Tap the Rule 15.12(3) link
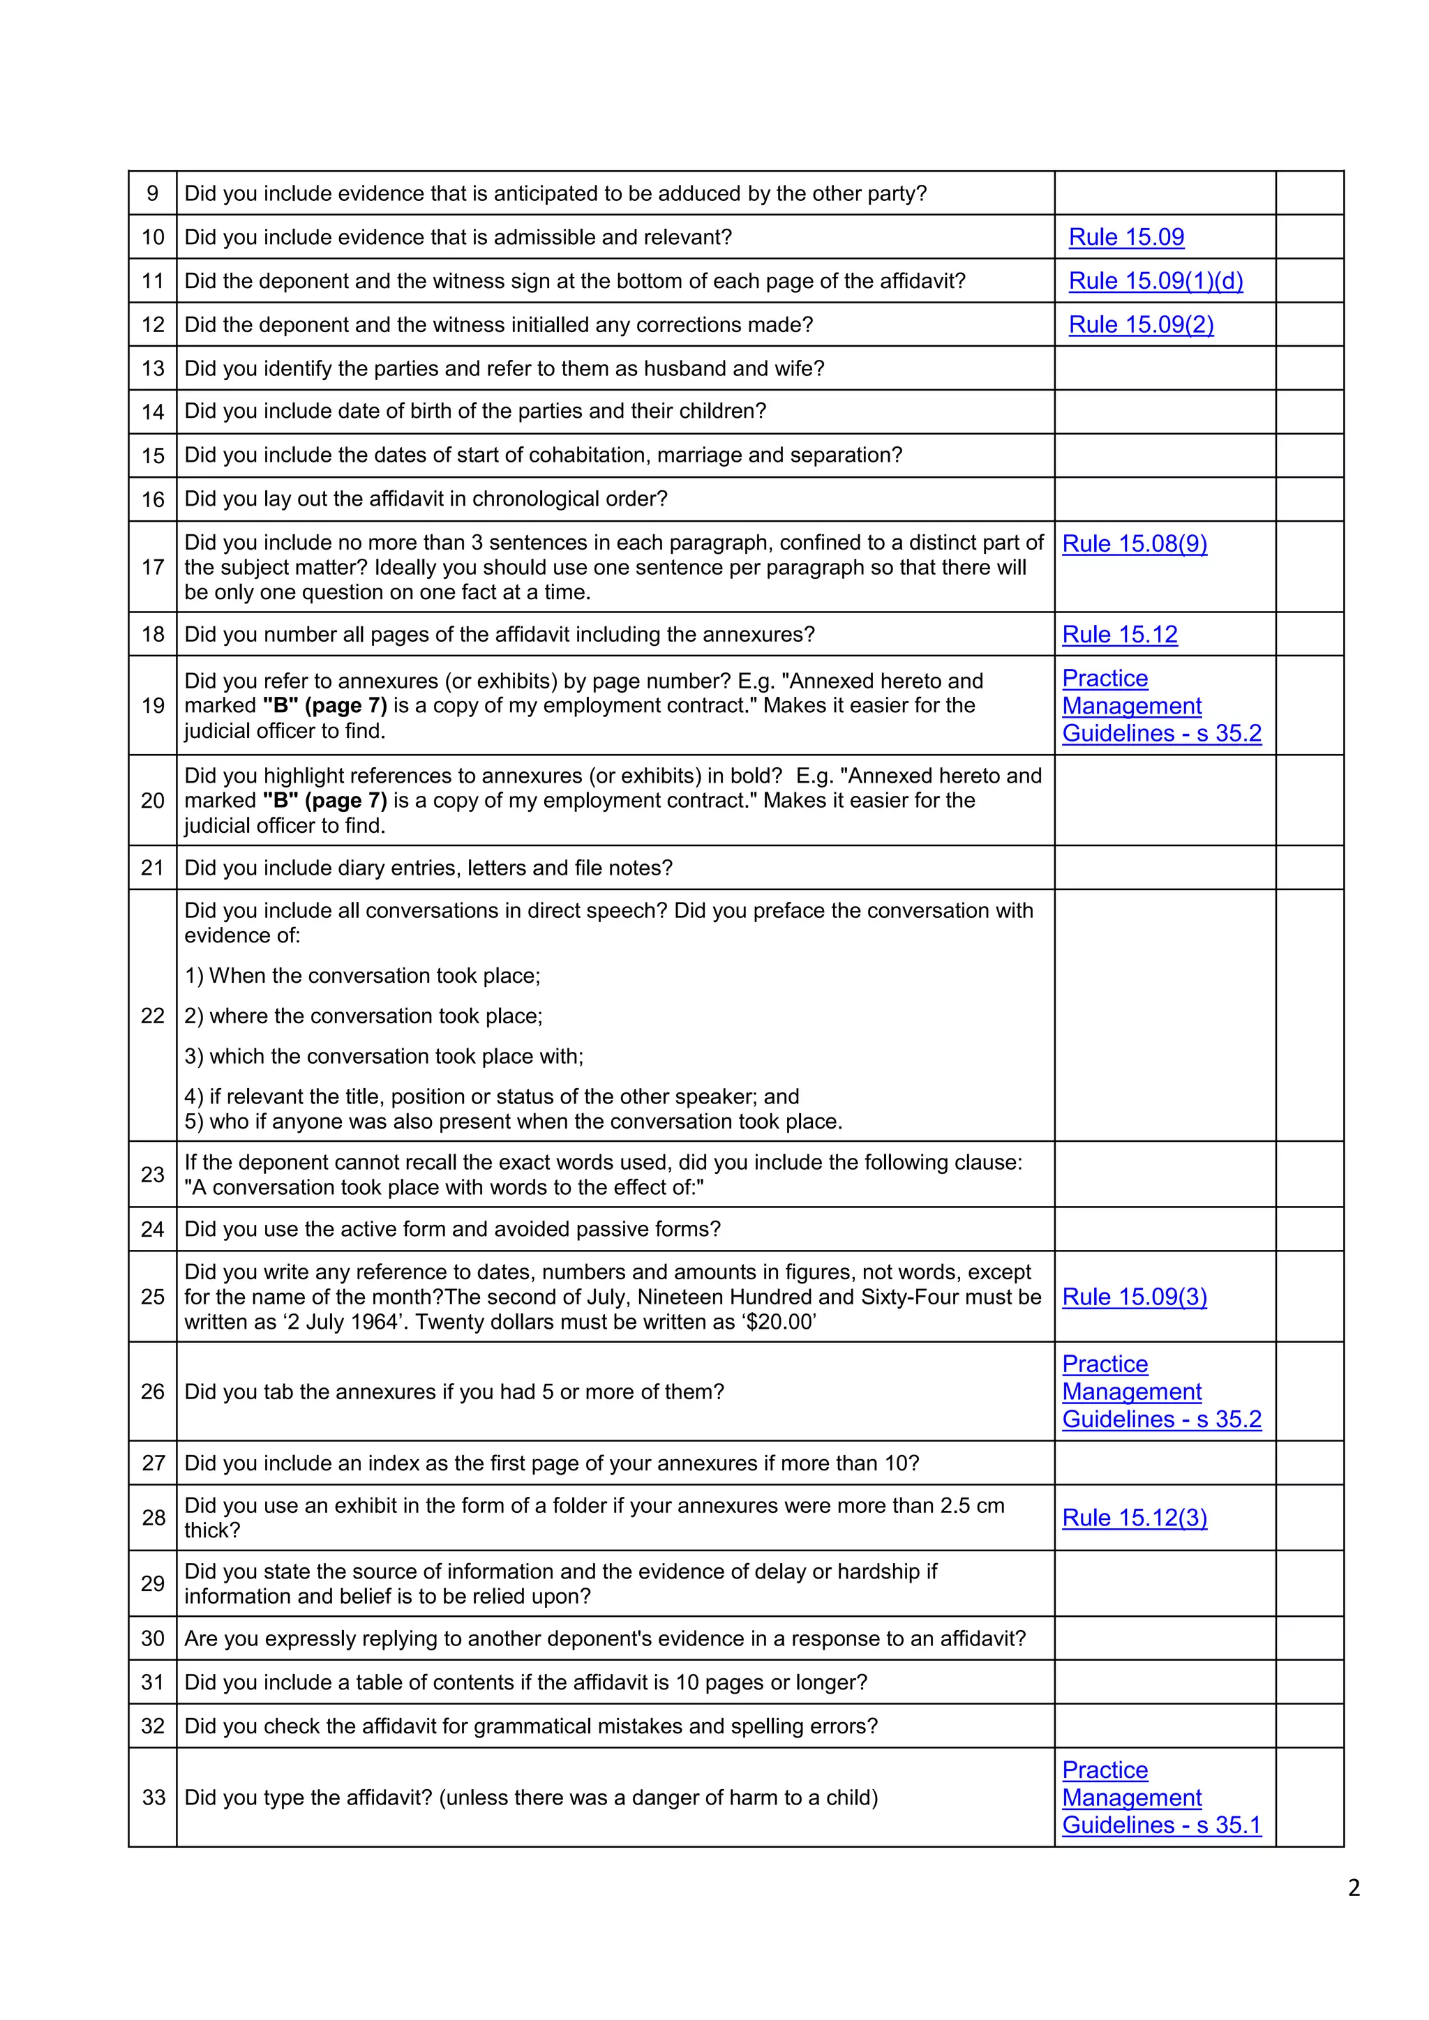[1135, 1518]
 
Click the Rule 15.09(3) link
[1135, 1297]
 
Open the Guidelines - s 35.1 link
[1162, 1825]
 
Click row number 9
[152, 193]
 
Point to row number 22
[152, 1016]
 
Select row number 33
[153, 1797]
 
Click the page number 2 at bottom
[1354, 1888]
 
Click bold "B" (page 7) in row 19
[324, 706]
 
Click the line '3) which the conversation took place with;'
[384, 1057]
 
